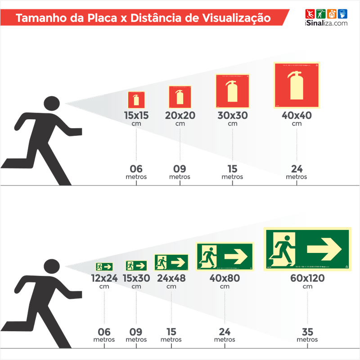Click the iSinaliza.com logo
[x=326, y=18]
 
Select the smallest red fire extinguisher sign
[x=136, y=99]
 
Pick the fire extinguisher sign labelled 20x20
[x=180, y=97]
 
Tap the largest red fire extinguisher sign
[x=297, y=85]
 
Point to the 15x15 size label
[x=136, y=115]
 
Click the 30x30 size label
[x=232, y=115]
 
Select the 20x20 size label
[x=180, y=115]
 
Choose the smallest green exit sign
[x=104, y=266]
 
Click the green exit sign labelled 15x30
[x=136, y=265]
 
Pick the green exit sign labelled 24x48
[x=171, y=261]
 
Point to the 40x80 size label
[x=225, y=278]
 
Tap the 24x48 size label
[x=171, y=278]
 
